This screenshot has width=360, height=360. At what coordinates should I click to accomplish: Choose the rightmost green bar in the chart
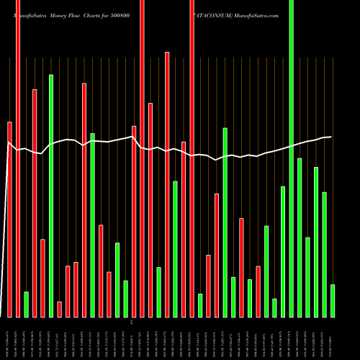[x=333, y=301]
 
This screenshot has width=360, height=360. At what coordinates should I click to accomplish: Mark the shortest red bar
[x=59, y=310]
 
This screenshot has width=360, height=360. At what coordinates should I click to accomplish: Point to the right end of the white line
[x=331, y=137]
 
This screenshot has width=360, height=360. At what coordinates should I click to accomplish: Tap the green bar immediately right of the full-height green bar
[x=300, y=238]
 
